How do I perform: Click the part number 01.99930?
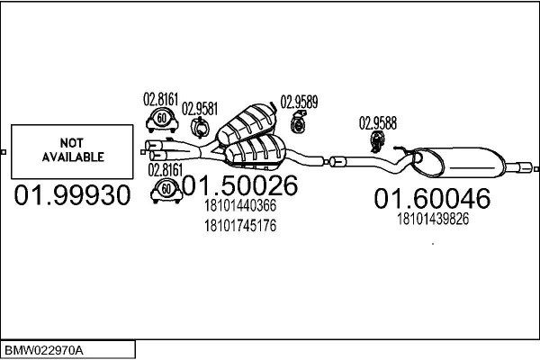72,195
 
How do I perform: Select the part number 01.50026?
240,185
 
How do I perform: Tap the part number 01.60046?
432,198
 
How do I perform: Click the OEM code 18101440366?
240,206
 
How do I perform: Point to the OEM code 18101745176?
240,226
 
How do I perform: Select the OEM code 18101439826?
433,219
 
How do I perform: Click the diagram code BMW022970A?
44,351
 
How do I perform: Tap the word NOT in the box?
72,142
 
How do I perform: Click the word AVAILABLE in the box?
73,157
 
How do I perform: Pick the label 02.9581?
200,109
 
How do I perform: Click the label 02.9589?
299,102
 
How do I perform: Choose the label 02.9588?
378,123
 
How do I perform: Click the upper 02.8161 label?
161,99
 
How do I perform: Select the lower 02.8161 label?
166,170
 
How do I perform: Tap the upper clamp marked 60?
162,120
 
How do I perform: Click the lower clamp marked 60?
166,191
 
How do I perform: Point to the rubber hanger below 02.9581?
200,128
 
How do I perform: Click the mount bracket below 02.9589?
298,121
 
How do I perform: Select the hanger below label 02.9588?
376,142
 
